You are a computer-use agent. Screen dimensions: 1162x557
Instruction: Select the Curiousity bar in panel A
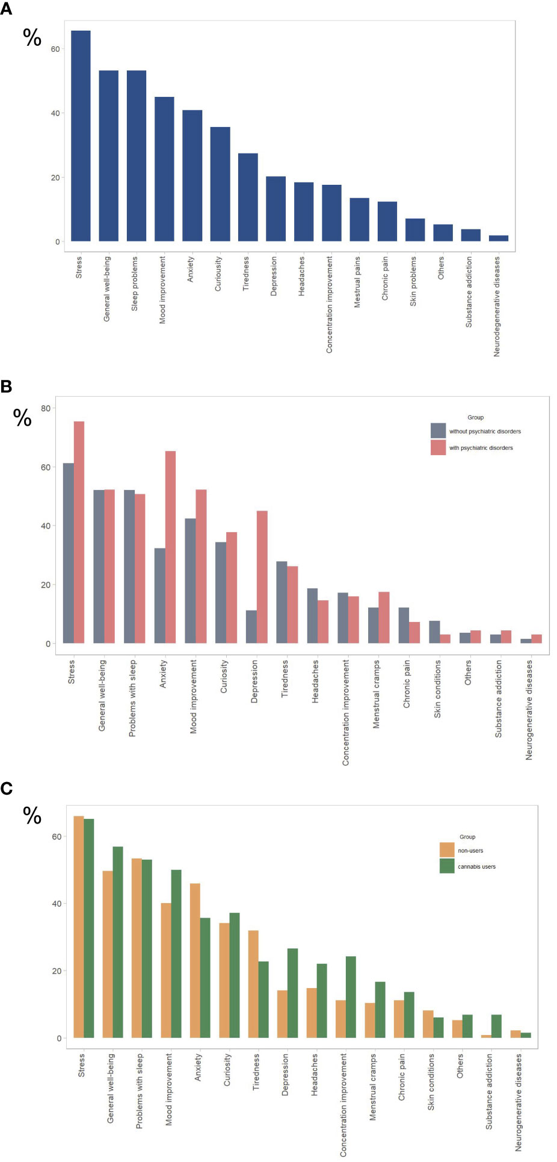click(x=220, y=184)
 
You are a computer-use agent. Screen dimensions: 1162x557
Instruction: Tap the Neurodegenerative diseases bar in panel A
click(x=498, y=238)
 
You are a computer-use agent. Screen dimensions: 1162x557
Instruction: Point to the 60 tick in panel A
click(x=55, y=49)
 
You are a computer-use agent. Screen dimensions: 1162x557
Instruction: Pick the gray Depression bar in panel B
click(x=251, y=627)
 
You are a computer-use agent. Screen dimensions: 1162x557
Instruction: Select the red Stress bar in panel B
click(x=79, y=532)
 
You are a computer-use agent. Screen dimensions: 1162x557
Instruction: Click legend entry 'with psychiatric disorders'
click(x=481, y=448)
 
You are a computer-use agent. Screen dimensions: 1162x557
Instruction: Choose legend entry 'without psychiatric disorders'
click(x=485, y=432)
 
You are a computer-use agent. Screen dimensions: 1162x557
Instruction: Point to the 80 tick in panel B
click(x=44, y=408)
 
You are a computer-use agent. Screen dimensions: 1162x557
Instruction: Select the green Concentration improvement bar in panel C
click(x=351, y=996)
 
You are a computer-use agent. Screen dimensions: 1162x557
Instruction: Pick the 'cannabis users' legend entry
click(x=476, y=867)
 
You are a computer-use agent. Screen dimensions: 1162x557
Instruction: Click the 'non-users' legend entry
click(x=470, y=851)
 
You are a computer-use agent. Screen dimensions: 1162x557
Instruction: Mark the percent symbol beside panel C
click(x=32, y=816)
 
